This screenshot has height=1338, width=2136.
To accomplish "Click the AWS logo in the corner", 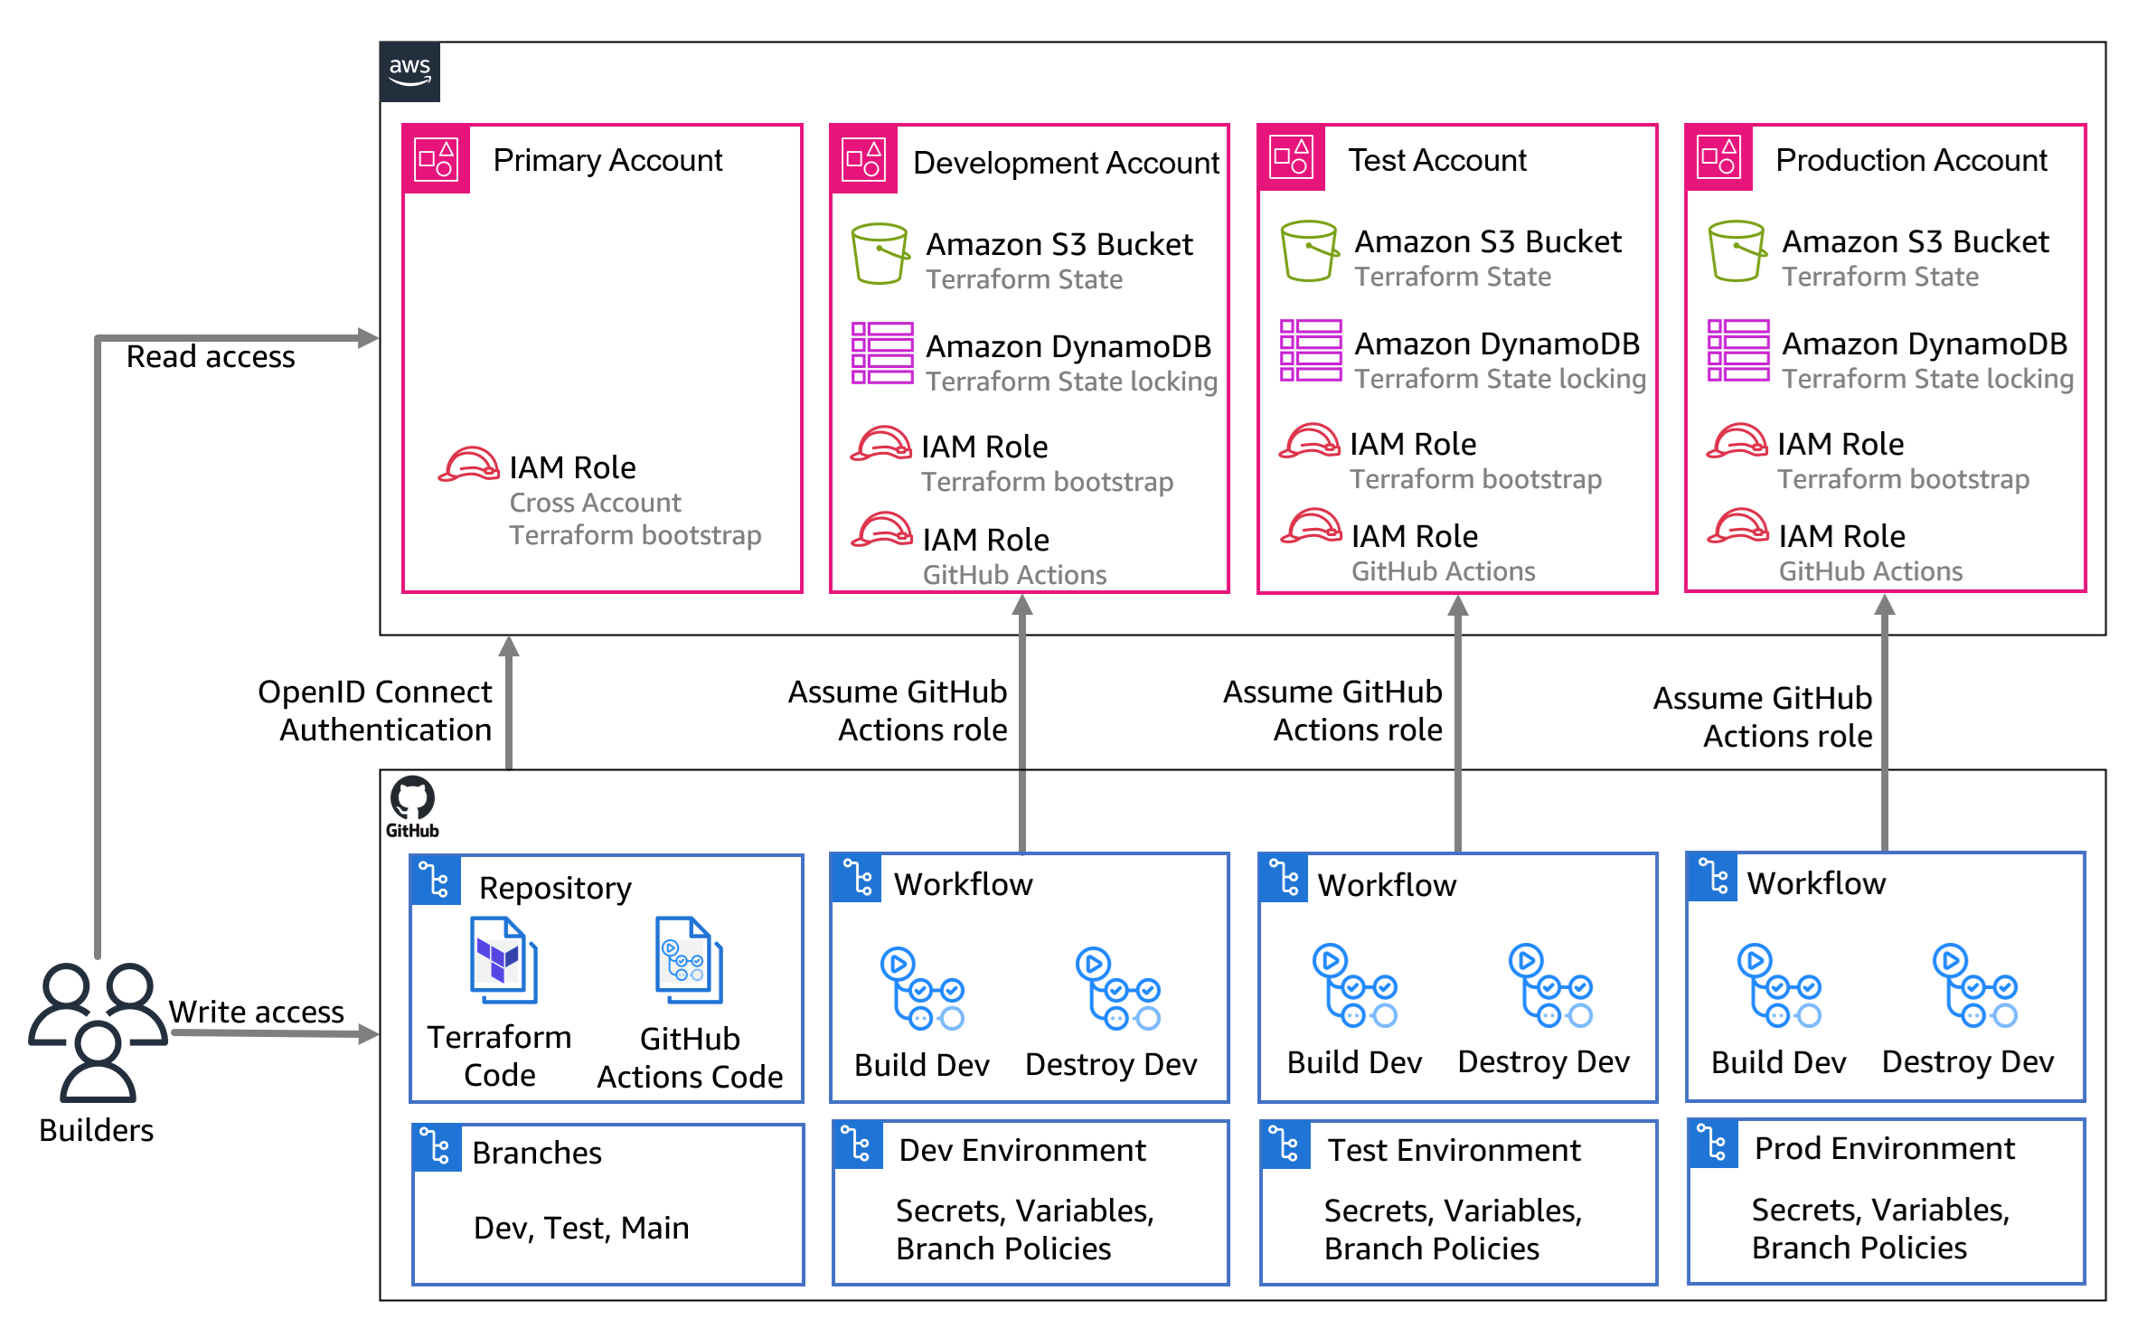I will pos(409,71).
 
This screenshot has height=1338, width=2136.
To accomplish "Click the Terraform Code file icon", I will pos(503,960).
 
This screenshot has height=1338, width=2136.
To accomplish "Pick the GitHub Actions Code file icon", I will pos(689,960).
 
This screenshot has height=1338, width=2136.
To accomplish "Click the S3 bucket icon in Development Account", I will pos(880,254).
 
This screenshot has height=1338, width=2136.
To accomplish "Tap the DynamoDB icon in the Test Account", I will pos(1310,351).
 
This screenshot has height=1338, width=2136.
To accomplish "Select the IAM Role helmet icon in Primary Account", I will pos(468,465).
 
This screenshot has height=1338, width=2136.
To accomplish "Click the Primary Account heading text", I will pos(607,160).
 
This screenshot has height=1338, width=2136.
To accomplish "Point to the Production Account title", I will pos(1911,160).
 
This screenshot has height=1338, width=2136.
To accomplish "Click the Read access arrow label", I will pos(211,356).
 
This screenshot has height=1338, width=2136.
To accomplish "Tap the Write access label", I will pos(257,1011).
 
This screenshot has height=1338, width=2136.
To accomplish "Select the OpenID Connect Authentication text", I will pos(375,710).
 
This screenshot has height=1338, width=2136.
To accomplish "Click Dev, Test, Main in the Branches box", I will pos(581,1228).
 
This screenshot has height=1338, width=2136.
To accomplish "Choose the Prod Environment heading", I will pos(1884,1148).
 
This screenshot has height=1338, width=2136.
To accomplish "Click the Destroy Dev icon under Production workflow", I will pos(1975,986).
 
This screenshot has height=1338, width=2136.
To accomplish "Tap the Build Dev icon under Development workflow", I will pos(922,989).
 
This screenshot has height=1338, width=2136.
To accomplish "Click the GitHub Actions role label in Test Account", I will pos(1443,571).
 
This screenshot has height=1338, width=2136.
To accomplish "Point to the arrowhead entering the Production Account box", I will pos(1885,604).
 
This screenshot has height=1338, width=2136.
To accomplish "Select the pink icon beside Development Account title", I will pos(864,159).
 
